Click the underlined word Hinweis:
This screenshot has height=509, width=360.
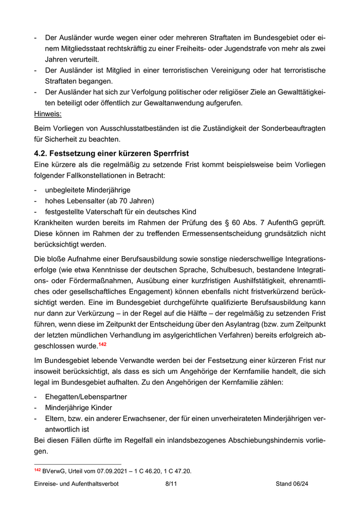[x=47, y=114]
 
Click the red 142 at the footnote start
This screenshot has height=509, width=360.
[x=37, y=470]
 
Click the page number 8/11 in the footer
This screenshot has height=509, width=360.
[x=171, y=484]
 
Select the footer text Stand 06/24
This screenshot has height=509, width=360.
[x=292, y=484]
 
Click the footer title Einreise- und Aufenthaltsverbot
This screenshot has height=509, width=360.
[x=76, y=484]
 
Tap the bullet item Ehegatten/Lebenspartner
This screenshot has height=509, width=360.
[x=86, y=396]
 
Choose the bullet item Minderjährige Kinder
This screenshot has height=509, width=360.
[x=78, y=407]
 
